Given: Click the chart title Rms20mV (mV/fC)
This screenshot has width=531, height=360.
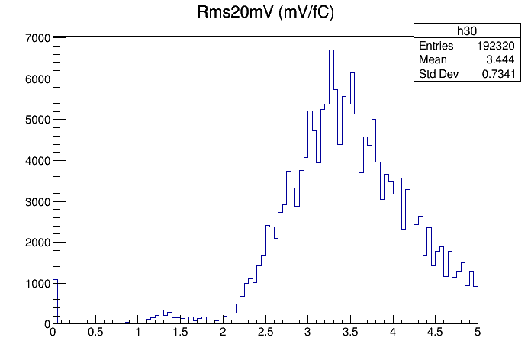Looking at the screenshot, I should tap(265, 14).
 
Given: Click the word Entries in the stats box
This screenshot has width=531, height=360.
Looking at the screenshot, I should tap(436, 46).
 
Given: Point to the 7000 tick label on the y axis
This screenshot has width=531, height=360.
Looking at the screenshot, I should tap(37, 38).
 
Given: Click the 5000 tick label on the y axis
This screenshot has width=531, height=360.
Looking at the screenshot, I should tap(37, 120).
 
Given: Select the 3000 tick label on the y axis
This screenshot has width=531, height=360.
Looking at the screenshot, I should tap(37, 201).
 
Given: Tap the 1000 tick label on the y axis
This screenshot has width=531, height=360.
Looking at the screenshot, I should tap(37, 283).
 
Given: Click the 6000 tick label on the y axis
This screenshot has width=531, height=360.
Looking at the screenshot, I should tap(37, 79).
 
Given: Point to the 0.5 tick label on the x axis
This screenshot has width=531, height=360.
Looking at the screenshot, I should tap(95, 333).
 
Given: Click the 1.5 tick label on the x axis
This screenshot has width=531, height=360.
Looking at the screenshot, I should tap(180, 333).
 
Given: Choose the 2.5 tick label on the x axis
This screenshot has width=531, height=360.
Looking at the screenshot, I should tap(265, 333).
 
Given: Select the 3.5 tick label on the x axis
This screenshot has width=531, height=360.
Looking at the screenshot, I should tap(350, 333).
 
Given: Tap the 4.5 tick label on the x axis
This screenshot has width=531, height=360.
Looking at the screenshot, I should tap(435, 333).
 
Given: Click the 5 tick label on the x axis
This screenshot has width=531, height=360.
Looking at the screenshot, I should tap(478, 333).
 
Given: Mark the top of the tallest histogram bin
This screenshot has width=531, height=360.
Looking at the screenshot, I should tap(332, 50).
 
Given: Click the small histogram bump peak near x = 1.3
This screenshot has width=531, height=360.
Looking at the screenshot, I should tap(161, 310).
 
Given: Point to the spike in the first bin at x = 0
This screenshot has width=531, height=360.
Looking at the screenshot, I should tap(55, 279).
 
